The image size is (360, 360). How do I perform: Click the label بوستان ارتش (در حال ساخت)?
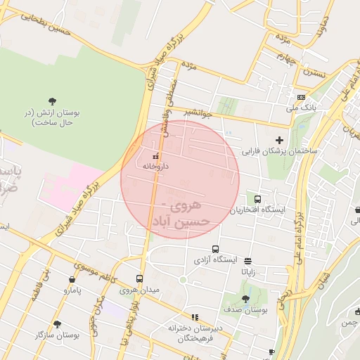pos(54,117)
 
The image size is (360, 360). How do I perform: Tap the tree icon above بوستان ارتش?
pos(54,101)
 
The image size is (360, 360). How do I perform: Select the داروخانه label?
pos(156,166)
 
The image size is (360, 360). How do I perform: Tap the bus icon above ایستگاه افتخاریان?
pos(258,200)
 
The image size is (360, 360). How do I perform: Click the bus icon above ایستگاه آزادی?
pos(215,249)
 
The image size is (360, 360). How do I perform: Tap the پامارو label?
pos(72,290)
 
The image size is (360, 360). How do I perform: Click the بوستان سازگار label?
pos(58,335)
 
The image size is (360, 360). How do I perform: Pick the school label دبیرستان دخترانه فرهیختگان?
pos(195,333)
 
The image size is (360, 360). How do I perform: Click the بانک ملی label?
pos(302,108)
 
